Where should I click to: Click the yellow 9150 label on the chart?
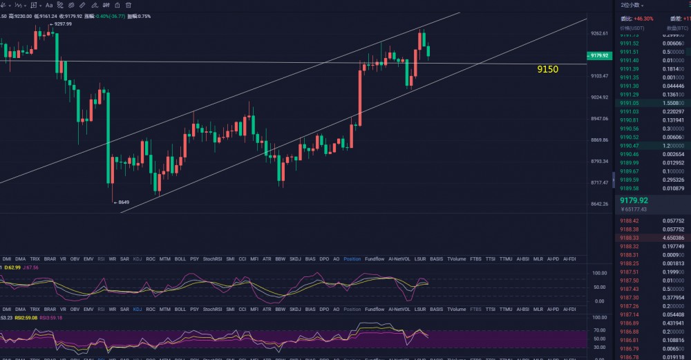coord(547,69)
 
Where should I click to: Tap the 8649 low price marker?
coord(122,202)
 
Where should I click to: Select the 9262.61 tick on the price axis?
coord(599,33)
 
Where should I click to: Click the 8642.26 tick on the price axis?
coord(599,204)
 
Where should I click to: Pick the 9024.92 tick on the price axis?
coord(599,97)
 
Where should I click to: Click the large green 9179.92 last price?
coord(634,200)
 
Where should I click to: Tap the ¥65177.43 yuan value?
coord(634,209)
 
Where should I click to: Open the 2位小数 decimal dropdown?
coord(633,5)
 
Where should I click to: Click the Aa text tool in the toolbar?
coord(49,5)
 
